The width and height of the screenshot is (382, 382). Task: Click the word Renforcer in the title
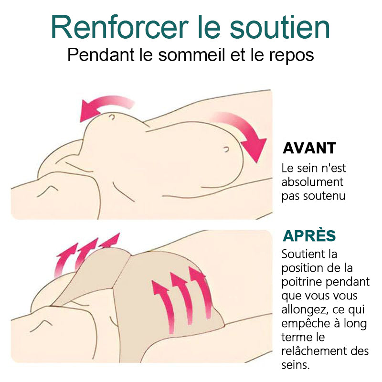[x=120, y=27]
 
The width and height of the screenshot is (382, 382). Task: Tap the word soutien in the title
[x=280, y=27]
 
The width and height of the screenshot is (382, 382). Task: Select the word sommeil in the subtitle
[x=191, y=55]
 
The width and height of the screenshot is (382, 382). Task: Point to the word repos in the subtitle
[x=291, y=56]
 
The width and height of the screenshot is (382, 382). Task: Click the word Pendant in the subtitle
[x=101, y=54]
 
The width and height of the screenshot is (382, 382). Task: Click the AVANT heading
[x=309, y=148]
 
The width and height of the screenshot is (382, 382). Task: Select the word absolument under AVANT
[x=312, y=182]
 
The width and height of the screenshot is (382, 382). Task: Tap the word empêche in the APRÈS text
[x=304, y=324]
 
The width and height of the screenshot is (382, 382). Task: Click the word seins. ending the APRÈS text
[x=296, y=365]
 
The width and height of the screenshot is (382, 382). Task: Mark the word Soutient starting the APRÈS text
[x=301, y=254]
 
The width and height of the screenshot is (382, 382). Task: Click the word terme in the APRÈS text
[x=295, y=338]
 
